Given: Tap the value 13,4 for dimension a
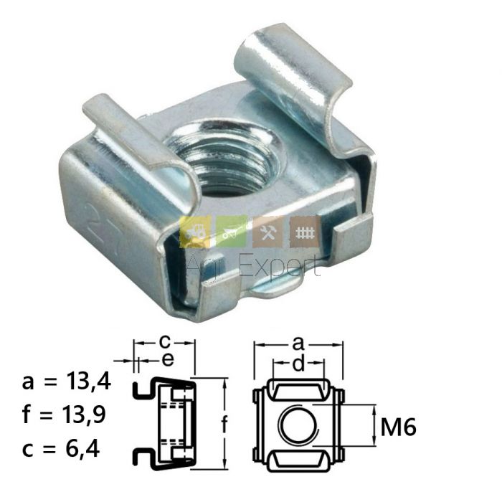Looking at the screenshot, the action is click(x=88, y=382).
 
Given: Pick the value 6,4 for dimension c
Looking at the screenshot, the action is click(x=83, y=448).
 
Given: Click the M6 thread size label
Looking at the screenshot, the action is click(x=398, y=427).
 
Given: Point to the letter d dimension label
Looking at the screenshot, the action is click(x=298, y=364).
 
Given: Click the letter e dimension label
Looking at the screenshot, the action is click(x=168, y=360).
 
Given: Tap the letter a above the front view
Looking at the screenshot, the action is click(x=298, y=344).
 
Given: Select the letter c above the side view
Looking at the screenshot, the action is click(x=164, y=342).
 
